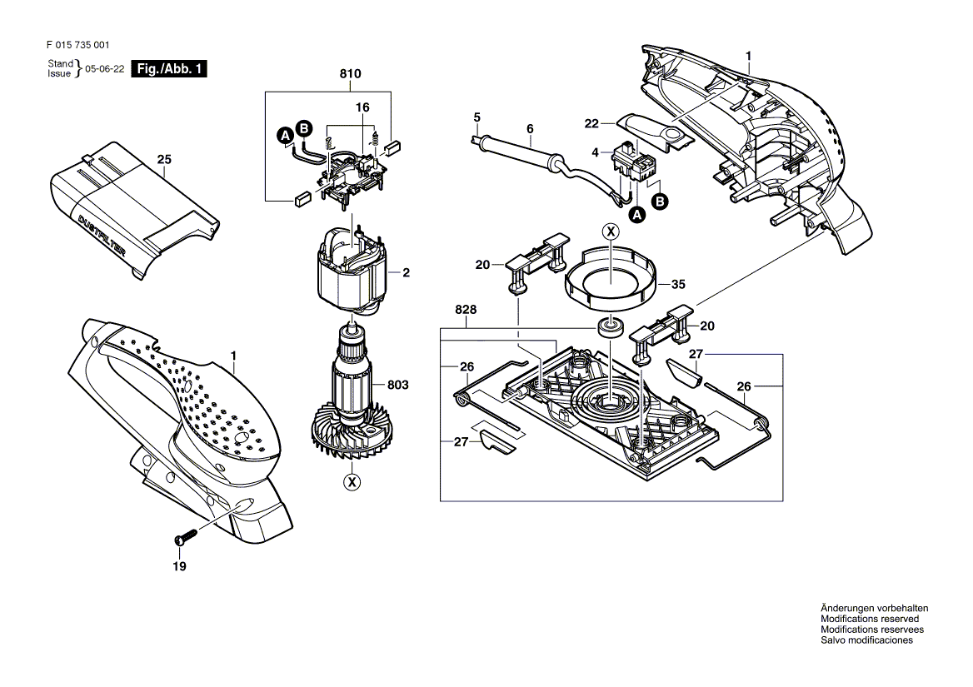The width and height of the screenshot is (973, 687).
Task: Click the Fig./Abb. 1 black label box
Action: (x=169, y=69)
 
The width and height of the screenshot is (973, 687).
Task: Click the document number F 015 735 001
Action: (x=78, y=45)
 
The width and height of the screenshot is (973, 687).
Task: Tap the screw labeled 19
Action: (x=186, y=535)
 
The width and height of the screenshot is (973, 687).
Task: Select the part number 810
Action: (x=350, y=74)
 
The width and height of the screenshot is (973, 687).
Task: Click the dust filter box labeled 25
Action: (x=133, y=211)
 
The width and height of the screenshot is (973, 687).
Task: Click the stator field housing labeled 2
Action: (x=352, y=271)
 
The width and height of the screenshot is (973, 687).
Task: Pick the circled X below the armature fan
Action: (x=352, y=482)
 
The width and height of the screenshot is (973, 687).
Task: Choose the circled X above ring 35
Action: (x=611, y=231)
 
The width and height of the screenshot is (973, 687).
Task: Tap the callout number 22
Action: (x=591, y=124)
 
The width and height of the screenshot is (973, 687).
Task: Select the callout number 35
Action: (x=678, y=284)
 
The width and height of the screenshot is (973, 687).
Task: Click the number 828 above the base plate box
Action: (x=466, y=310)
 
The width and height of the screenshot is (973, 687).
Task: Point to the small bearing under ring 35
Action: (x=611, y=326)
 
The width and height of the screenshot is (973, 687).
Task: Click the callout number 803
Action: (x=397, y=385)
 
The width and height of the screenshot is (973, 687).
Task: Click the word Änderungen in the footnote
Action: (x=848, y=608)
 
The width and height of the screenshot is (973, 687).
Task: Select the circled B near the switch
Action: (x=660, y=202)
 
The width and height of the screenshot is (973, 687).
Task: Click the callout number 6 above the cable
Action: (x=530, y=129)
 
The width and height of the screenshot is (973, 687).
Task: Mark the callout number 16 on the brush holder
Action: (x=362, y=107)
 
